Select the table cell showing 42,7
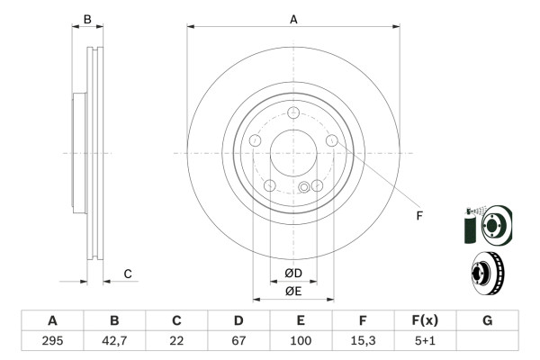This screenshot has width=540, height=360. click(114, 340)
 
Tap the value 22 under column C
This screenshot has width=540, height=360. click(176, 340)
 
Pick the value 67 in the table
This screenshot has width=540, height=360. click(238, 340)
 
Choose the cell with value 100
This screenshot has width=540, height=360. click(301, 340)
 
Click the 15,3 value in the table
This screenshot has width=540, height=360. click(363, 340)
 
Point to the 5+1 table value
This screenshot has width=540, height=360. click(425, 340)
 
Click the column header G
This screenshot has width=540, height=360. click(487, 320)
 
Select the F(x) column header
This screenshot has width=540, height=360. click(425, 320)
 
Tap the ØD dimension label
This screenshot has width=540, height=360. click(293, 273)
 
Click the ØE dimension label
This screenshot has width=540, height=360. click(293, 290)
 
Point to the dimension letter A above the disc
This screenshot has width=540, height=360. click(293, 18)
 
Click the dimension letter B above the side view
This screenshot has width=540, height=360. click(87, 19)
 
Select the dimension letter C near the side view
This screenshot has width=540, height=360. click(128, 273)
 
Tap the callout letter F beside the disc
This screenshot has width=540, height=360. click(418, 215)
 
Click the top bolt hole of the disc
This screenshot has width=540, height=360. click(293, 113)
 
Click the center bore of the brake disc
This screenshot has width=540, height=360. click(293, 153)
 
